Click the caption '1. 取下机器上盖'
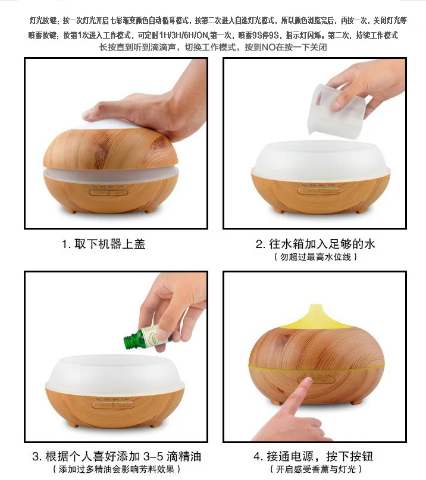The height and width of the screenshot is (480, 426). [103, 244]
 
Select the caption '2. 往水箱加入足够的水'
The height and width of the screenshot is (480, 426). [315, 244]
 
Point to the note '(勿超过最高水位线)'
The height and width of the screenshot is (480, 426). [315, 257]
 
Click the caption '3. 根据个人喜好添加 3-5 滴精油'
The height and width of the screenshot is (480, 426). [116, 457]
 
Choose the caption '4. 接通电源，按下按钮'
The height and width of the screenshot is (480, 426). [314, 457]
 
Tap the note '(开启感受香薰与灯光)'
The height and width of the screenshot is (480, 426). [314, 470]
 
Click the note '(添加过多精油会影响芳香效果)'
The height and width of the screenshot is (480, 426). [116, 470]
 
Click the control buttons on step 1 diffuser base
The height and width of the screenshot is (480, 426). [109, 191]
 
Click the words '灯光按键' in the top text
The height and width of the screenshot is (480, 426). [43, 21]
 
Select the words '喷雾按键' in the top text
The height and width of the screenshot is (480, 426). [43, 36]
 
